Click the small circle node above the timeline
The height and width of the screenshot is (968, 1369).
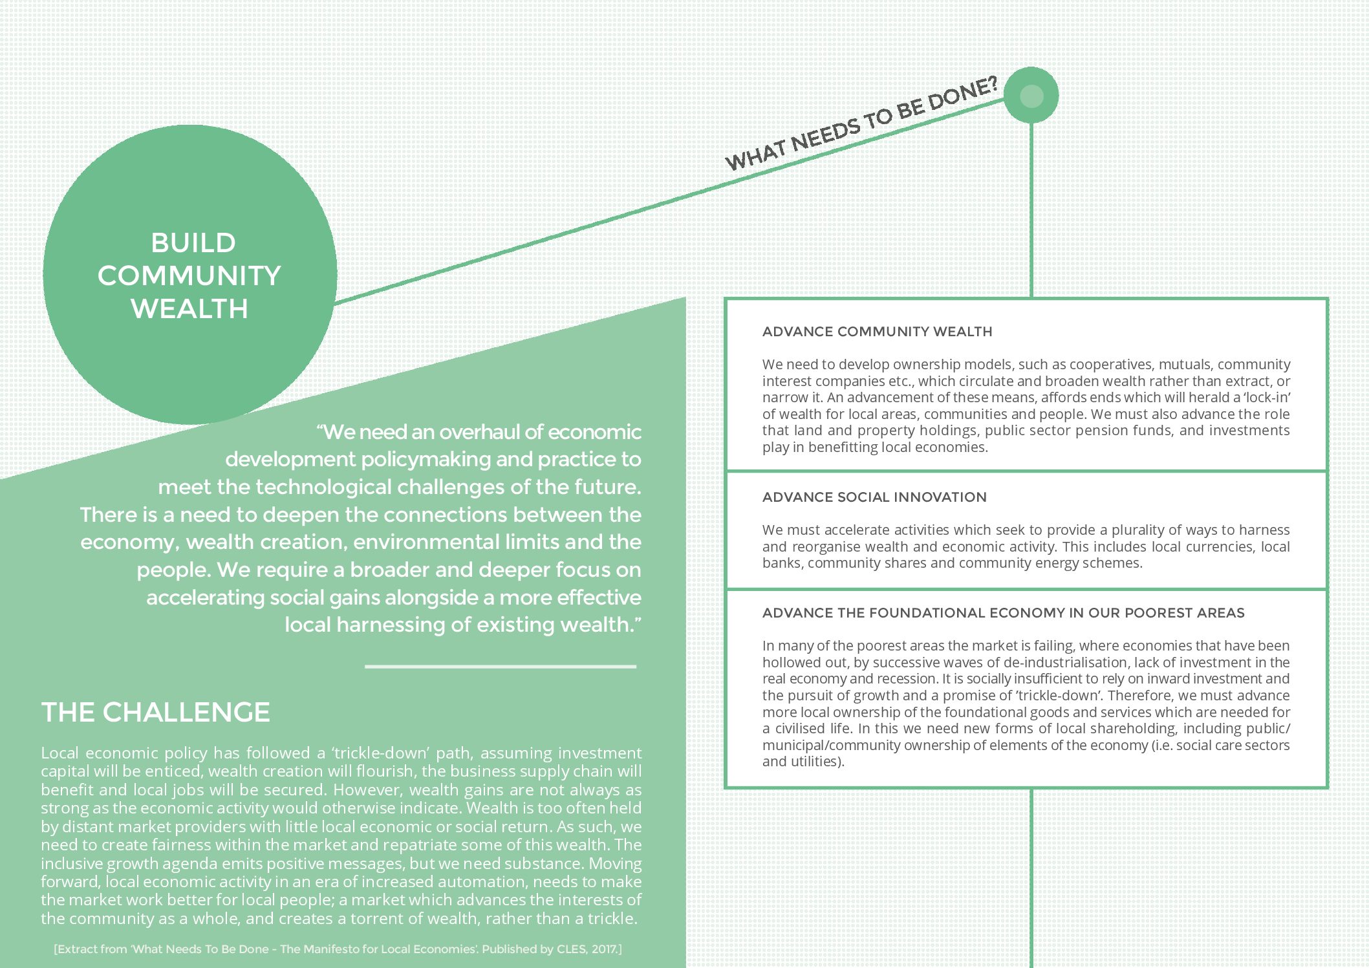point(1031,96)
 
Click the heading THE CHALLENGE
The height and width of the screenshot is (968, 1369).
point(155,713)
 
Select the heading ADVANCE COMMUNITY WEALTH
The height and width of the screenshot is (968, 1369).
point(877,332)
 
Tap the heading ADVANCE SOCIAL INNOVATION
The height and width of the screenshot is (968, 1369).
point(874,497)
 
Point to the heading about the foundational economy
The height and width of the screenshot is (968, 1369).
point(1003,613)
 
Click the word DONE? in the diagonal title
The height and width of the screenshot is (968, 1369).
point(963,93)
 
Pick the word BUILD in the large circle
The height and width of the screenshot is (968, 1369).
point(193,243)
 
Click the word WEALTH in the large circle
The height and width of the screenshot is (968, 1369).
point(189,309)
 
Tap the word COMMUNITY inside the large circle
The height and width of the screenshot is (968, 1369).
point(189,276)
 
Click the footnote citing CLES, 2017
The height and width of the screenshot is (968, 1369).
point(338,949)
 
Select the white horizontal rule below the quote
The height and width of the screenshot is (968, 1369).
point(500,666)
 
